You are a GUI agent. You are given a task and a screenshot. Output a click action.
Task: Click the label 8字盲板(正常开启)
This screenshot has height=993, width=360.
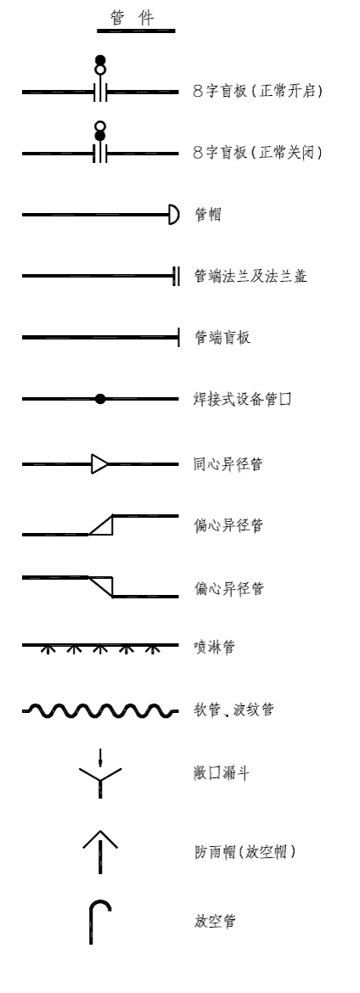tap(258, 91)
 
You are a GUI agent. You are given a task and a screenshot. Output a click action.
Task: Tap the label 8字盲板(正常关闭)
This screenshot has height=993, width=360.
tap(258, 153)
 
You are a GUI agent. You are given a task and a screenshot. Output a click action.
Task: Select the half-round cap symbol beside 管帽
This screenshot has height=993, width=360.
tap(174, 215)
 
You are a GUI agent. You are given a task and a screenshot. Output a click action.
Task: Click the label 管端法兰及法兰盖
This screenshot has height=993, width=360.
tap(250, 276)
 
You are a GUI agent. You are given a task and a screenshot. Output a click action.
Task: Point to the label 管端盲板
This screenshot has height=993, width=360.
tap(222, 337)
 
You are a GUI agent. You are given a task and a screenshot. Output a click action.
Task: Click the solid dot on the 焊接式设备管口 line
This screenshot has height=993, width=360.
tap(100, 399)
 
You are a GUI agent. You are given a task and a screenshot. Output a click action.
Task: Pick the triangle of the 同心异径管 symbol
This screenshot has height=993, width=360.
tap(99, 464)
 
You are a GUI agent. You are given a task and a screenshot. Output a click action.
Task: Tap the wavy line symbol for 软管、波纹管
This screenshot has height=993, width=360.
tap(100, 711)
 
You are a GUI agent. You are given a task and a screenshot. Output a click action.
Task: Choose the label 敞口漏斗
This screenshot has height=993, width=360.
tap(222, 773)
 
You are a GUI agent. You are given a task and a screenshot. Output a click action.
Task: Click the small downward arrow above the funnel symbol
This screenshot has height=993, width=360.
tap(100, 757)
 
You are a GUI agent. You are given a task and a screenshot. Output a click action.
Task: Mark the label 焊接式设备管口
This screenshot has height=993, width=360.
tap(243, 399)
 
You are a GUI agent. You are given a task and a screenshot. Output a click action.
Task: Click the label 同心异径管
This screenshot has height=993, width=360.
tap(228, 464)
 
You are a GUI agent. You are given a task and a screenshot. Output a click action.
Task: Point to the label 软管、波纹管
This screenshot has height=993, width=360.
tap(233, 710)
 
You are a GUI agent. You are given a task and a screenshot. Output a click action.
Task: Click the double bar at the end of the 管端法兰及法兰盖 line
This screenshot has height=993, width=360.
tap(176, 276)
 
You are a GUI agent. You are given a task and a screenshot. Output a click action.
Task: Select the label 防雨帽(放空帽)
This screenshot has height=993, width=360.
tap(245, 852)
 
